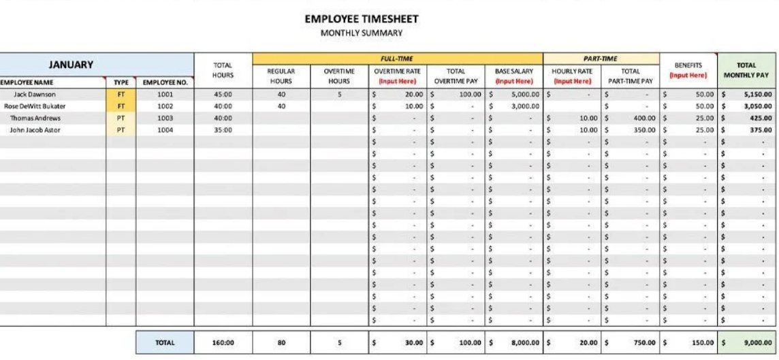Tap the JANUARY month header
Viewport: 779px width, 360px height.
point(70,65)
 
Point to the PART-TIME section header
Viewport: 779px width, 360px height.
point(600,59)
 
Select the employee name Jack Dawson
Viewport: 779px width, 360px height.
point(35,95)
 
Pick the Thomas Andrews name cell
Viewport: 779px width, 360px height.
point(35,118)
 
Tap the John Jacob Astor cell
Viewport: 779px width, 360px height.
point(36,129)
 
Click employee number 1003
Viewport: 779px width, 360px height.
point(165,118)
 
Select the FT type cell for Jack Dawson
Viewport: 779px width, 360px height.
point(121,95)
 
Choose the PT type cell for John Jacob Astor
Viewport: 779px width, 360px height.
point(121,129)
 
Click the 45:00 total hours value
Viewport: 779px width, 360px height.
point(223,95)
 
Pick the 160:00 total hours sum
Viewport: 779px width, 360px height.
point(223,343)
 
